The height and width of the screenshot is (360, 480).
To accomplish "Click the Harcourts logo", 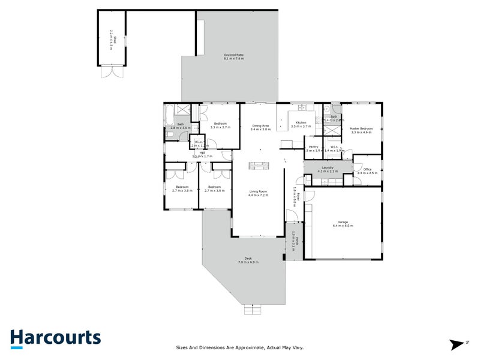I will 55,338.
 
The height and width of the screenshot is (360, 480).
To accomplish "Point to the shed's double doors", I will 112,72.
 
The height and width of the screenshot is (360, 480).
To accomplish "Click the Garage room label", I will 343,222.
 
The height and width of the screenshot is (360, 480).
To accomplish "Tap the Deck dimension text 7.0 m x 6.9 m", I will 248,263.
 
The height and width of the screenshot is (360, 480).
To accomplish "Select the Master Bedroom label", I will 362,128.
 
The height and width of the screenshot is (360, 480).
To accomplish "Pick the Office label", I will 367,169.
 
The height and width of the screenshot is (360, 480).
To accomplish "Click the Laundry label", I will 328,167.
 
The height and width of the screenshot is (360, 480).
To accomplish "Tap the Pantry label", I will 313,146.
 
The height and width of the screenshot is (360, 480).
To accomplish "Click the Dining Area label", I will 260,125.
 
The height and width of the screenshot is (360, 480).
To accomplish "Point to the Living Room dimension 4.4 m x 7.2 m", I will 258,196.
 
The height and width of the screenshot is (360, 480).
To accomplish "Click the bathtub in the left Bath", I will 170,111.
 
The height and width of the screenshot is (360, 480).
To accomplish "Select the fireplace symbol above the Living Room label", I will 259,165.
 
